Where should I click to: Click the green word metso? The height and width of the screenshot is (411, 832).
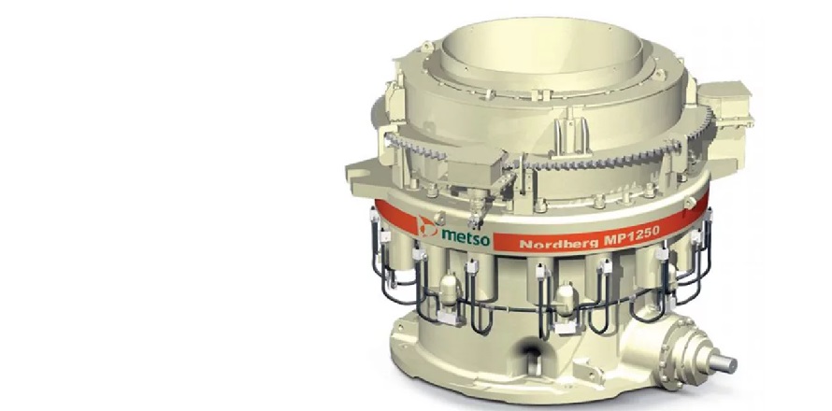pyautogui.click(x=465, y=237)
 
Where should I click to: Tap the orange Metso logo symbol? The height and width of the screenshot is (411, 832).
pyautogui.click(x=427, y=225)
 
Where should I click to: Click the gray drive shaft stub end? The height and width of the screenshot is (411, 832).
pyautogui.click(x=723, y=363)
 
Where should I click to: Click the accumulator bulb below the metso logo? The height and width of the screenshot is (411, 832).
pyautogui.click(x=449, y=291)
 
